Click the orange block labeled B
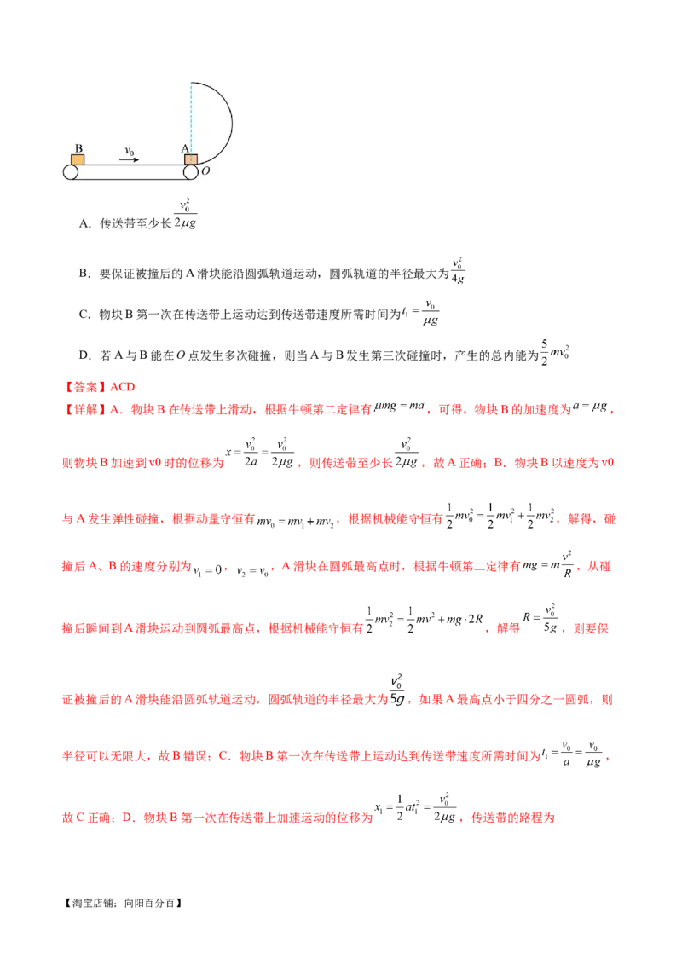point(78,159)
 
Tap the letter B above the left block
point(78,148)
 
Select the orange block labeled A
point(191,159)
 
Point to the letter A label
point(184,148)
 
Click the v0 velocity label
point(129,150)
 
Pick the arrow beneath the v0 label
point(129,159)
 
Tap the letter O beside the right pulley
point(205,171)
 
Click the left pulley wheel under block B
point(71,171)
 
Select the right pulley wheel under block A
point(191,171)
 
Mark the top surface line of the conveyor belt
point(128,165)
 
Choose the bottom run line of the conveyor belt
point(128,179)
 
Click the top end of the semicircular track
point(192,83)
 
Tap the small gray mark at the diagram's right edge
point(236,124)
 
